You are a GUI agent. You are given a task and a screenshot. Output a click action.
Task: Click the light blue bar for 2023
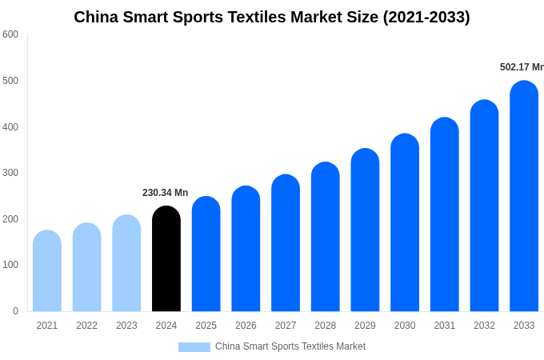point(126,263)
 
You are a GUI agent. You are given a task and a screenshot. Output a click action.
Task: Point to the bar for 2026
point(246,249)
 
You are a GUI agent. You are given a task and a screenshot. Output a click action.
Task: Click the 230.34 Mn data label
point(165,193)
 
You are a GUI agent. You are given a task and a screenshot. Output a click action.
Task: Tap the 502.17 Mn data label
point(521,67)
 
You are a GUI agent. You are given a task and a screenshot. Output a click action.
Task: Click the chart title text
point(272,17)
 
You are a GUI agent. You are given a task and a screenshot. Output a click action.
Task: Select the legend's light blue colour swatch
point(194,347)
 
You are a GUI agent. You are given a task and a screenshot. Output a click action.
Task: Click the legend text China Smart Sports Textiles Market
point(290,346)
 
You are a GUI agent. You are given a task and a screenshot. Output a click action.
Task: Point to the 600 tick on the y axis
point(10,34)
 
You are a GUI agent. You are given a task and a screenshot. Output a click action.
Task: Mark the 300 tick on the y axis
point(10,173)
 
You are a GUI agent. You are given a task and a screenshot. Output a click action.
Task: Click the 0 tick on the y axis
point(15,311)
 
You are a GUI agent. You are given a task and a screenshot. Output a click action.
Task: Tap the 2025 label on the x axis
point(206,326)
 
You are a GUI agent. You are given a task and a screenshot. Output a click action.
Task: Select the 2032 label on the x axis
point(484,326)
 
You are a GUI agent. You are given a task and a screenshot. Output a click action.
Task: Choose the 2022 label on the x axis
point(86,326)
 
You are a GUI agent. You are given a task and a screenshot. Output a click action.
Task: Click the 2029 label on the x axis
point(365,326)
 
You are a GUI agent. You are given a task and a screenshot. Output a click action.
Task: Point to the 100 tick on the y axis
point(10,265)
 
